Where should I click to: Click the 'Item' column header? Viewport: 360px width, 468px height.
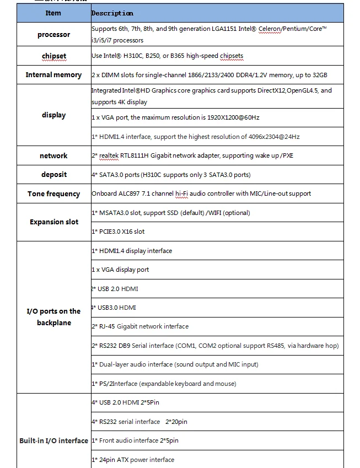tap(53, 13)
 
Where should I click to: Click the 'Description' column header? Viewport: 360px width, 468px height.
tap(112, 13)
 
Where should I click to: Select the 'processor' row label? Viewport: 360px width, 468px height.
tap(53, 35)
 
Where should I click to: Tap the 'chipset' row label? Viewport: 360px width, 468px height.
tap(53, 56)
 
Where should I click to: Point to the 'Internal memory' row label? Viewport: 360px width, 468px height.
tap(53, 75)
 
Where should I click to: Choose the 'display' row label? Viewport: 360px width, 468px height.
tap(53, 115)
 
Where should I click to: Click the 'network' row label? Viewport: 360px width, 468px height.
tap(53, 156)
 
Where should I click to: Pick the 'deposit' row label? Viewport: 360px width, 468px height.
tap(53, 175)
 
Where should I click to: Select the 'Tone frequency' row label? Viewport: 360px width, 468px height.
tap(53, 194)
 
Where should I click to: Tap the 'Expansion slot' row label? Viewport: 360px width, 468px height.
tap(53, 222)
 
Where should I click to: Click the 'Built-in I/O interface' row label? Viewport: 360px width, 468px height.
tap(53, 441)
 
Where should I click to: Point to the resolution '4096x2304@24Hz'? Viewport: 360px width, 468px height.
tap(273, 137)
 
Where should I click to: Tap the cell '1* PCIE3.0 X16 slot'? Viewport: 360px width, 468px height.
tap(118, 232)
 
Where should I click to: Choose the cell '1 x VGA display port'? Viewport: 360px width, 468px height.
tap(120, 270)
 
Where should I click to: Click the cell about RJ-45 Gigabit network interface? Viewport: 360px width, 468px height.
tap(140, 326)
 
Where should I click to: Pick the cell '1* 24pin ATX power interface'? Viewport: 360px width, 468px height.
tap(132, 460)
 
